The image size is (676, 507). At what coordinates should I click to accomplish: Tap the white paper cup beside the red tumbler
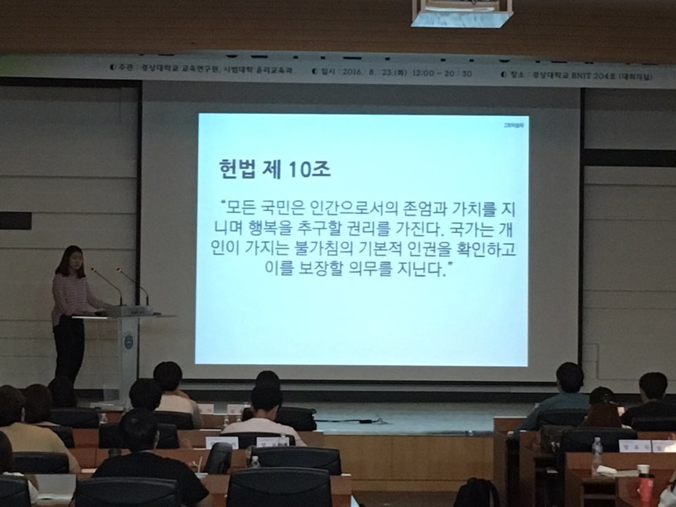pos(642,470)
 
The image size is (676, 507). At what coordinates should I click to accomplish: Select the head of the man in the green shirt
pos(569,377)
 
